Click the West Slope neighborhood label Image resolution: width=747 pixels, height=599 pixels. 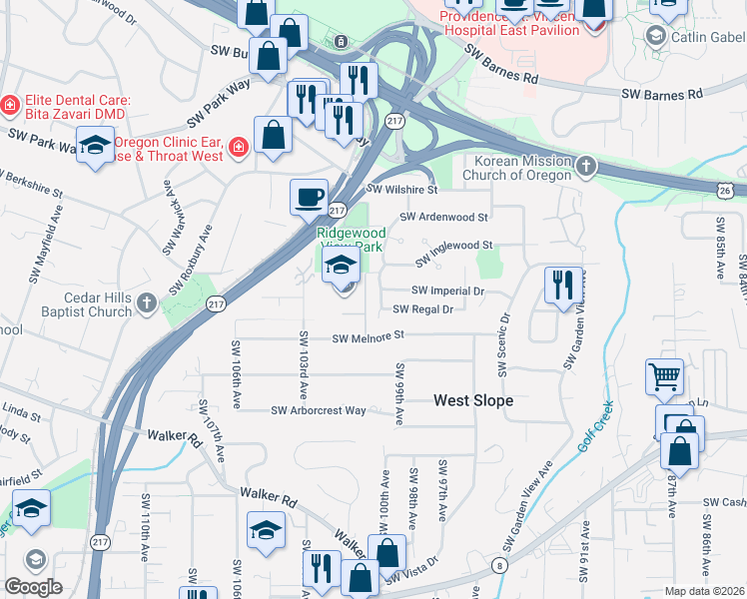coord(472,400)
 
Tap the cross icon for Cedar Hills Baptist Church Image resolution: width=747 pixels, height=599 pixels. coord(147,301)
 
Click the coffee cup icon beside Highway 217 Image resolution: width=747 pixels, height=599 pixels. coord(309,196)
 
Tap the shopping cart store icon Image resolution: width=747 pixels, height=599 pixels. coord(664,376)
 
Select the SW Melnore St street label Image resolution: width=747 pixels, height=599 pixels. coord(368,337)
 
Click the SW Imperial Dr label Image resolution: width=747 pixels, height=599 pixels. coord(454,292)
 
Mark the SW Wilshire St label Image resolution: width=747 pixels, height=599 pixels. coord(402,189)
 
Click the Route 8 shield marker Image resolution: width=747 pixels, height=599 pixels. coord(497,566)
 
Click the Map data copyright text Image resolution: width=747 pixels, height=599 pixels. coord(705,591)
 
